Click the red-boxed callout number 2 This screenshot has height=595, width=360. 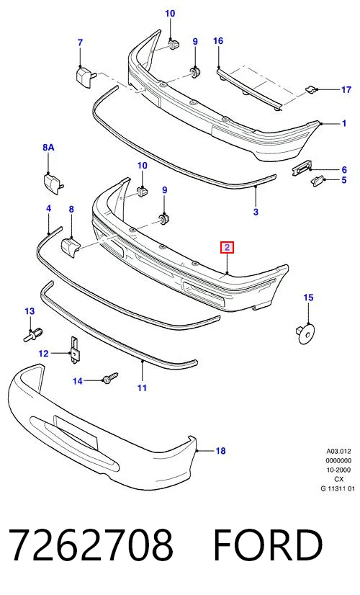pos(227,248)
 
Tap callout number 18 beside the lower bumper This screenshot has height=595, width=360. pos(220,451)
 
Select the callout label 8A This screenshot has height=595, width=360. pos(48,147)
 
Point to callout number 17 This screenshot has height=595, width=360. pos(346,89)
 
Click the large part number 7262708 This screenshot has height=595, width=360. pos(91,545)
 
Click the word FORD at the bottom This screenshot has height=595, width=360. pos(268,545)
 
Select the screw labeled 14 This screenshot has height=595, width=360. pos(110,377)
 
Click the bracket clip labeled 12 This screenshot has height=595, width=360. pos(74,350)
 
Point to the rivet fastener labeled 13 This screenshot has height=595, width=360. pos(33,334)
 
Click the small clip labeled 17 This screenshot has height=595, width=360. pos(310,89)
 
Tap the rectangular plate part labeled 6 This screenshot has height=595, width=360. pos(302,167)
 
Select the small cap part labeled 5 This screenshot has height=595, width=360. pos(318,180)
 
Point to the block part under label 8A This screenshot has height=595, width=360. pos(53,182)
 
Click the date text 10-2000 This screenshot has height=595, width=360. pos(338,470)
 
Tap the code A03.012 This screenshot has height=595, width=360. pos(338,452)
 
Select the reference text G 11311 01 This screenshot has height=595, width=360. pos(338,488)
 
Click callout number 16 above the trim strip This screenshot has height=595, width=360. pos(218,40)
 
